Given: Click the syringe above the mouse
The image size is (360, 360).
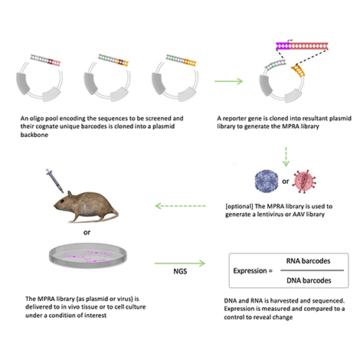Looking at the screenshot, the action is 55,181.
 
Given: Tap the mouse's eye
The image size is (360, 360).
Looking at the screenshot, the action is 63,201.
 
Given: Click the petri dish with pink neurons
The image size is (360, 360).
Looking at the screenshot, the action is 88,256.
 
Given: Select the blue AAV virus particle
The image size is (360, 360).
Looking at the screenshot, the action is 267,182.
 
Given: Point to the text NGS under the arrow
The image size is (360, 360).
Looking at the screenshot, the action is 180,271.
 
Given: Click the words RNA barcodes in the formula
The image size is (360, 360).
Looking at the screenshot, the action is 308,261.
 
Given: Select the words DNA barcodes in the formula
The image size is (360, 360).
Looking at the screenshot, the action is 309,280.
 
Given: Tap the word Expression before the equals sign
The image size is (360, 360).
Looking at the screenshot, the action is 250,271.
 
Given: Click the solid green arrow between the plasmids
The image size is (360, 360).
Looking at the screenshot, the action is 228,81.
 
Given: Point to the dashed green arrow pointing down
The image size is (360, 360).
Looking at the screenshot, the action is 286,156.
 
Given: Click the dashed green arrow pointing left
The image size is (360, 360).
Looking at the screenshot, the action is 180,206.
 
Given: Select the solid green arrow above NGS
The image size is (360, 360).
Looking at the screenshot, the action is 180,263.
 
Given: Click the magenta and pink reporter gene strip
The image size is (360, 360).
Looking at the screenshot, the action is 302,46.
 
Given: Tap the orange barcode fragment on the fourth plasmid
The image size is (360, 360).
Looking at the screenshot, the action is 298,70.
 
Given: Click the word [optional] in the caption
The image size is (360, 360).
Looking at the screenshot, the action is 239,206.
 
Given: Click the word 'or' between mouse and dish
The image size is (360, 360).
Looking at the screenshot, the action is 87,233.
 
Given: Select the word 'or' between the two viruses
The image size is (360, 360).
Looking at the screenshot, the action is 286,182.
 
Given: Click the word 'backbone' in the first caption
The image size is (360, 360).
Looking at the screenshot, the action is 34,135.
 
